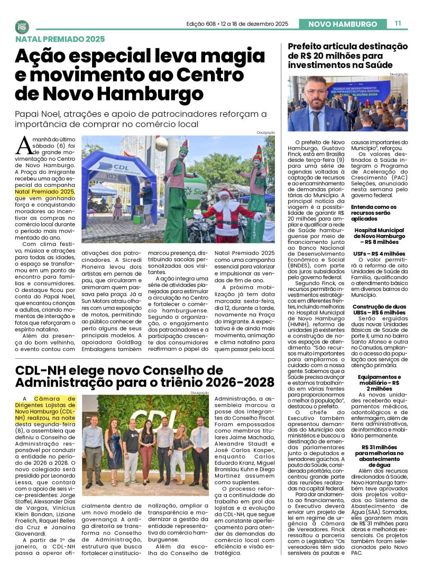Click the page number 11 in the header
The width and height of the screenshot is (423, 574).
[x=398, y=23]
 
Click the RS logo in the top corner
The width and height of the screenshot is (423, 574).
[x=22, y=26]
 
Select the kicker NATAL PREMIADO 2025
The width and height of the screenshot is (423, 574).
[x=60, y=39]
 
